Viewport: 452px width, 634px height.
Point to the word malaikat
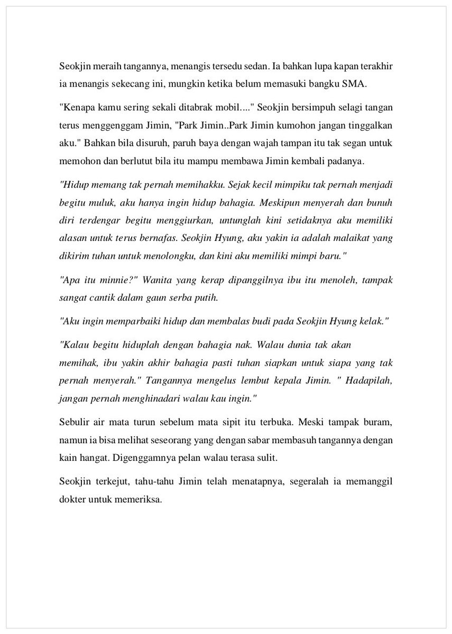[338, 238]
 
